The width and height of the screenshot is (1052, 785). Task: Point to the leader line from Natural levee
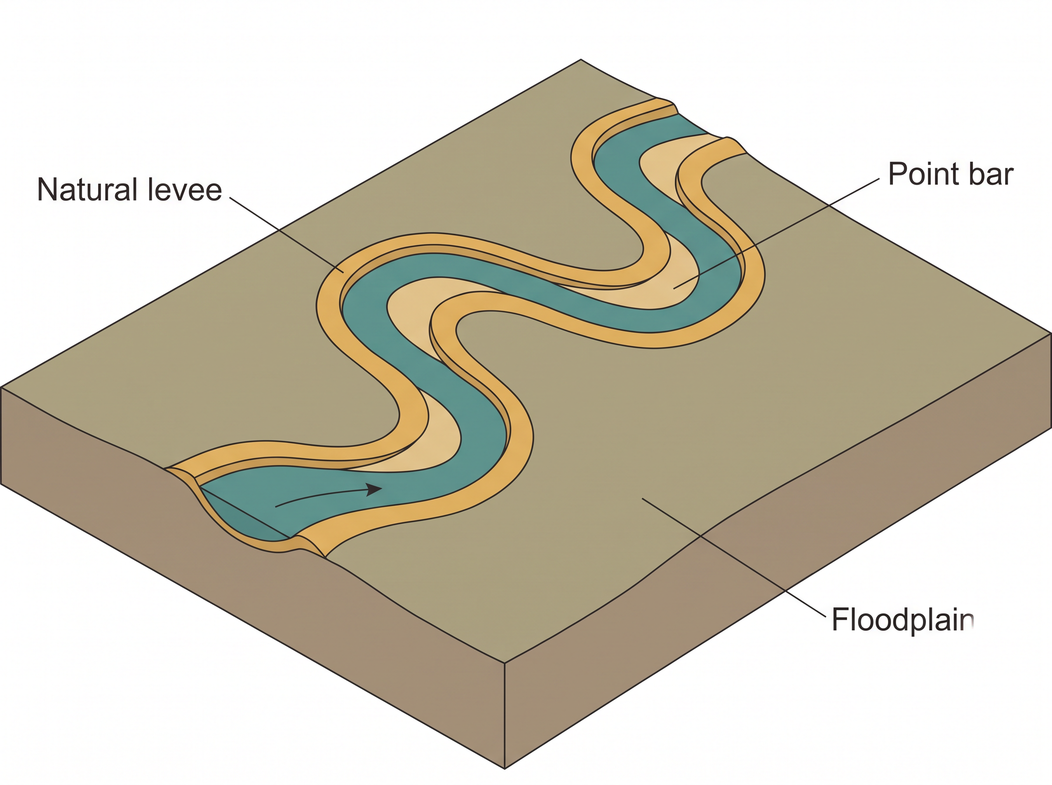tap(287, 235)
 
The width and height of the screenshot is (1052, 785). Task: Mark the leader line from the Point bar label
tap(776, 234)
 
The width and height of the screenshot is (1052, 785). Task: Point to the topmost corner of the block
tap(580, 60)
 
